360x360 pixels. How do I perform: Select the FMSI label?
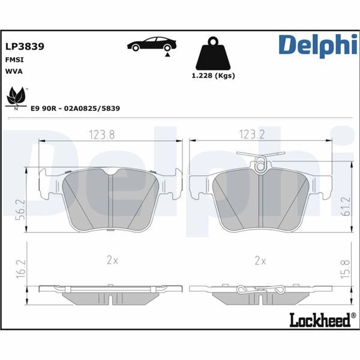pyautogui.click(x=14, y=59)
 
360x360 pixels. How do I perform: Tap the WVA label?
pyautogui.click(x=14, y=71)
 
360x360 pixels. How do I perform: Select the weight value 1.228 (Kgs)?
pyautogui.click(x=213, y=76)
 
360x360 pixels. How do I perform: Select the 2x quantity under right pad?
pyautogui.click(x=260, y=261)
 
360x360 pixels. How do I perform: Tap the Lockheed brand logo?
pyautogui.click(x=320, y=321)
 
